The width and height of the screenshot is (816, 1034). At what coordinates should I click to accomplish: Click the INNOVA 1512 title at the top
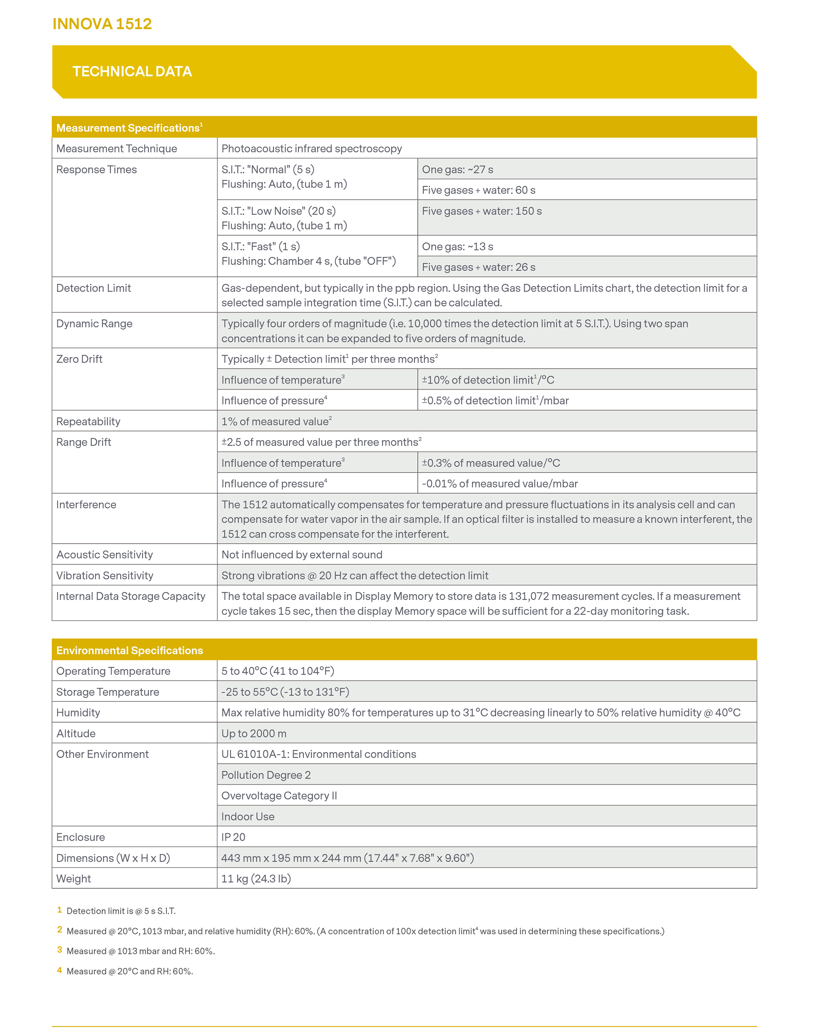click(x=102, y=24)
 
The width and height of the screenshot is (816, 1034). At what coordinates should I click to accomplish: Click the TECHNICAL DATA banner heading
click(x=132, y=72)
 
